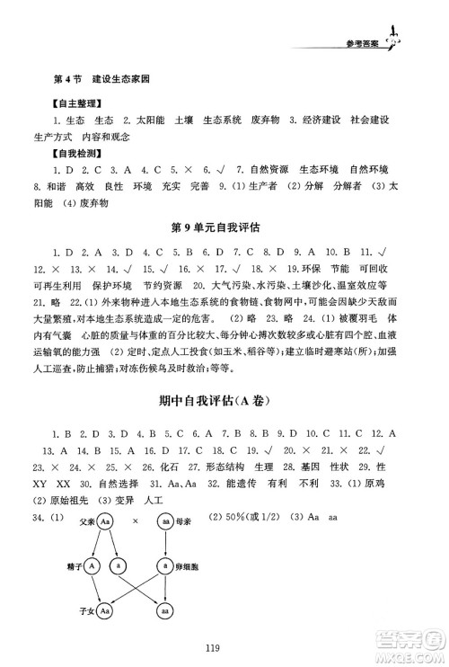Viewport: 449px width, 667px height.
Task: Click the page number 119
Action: (x=224, y=644)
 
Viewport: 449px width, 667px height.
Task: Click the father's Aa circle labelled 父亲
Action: (x=106, y=521)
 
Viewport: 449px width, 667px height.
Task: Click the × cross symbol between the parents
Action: (x=136, y=521)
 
